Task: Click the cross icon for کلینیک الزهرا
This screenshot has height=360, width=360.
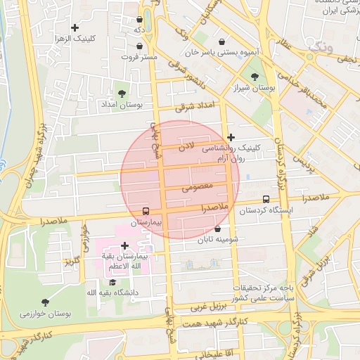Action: [x=75, y=28]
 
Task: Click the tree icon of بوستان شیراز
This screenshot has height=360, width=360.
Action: [x=254, y=77]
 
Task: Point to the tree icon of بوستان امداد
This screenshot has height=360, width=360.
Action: [x=122, y=93]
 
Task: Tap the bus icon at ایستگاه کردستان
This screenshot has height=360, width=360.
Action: [x=265, y=200]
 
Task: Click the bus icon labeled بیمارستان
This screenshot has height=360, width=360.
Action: [x=146, y=211]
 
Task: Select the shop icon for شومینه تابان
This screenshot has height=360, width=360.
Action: [x=217, y=229]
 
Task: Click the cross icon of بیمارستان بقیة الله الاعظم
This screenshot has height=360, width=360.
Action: [x=124, y=245]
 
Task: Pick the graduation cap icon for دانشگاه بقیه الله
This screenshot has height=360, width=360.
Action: [x=112, y=282]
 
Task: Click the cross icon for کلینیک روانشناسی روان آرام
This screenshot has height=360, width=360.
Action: [x=231, y=137]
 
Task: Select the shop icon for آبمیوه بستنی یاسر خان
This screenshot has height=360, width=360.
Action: [x=223, y=41]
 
